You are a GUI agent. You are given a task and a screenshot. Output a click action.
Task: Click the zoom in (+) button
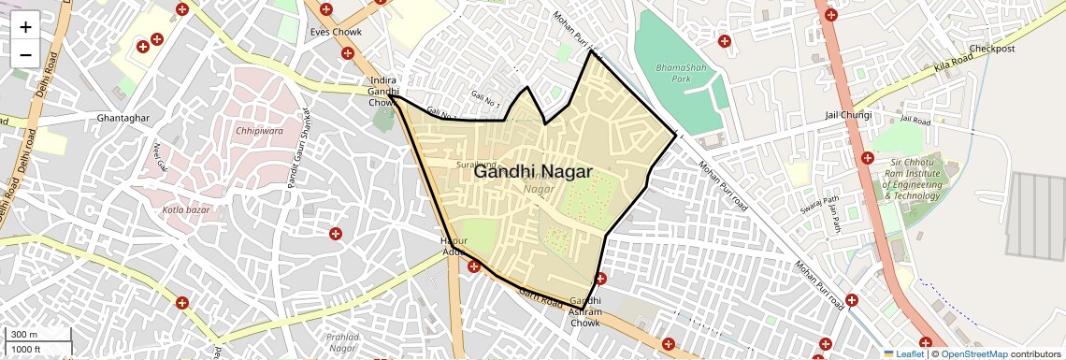point(25,27)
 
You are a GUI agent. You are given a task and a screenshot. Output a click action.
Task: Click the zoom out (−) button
point(25,55)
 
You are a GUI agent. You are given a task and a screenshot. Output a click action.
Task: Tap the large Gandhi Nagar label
point(532,172)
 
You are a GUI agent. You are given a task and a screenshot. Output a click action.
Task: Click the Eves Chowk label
point(336,33)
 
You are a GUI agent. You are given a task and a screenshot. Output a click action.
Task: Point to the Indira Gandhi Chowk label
point(383,92)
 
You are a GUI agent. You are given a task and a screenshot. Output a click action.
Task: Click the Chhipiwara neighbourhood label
point(259,132)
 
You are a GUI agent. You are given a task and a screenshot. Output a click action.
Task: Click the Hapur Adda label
point(453,246)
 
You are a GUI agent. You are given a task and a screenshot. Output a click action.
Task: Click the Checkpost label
point(992,49)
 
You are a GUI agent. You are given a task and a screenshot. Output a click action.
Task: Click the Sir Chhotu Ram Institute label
point(911,179)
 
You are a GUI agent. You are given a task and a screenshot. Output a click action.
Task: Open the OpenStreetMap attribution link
point(973,353)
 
